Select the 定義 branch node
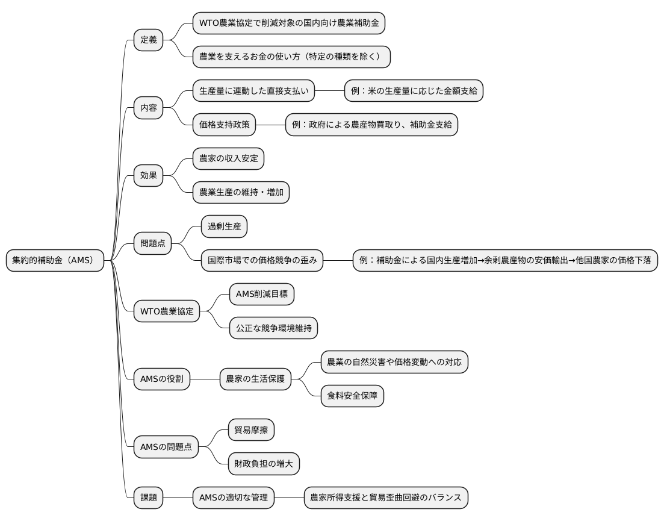pos(148,40)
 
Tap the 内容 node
pos(148,108)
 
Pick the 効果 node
pos(148,176)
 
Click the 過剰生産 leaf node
pos(224,227)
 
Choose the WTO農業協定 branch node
pos(166,311)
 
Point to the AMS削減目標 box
pos(262,295)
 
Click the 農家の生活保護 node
pos(255,379)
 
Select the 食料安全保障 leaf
pos(352,396)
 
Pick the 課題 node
pos(148,498)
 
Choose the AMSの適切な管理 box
pos(234,498)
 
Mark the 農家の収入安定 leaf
pos(228,159)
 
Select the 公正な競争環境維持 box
pos(273,328)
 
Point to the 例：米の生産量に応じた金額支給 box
pos(413,91)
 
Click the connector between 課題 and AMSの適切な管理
pos(178,498)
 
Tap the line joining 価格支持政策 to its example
pos(270,125)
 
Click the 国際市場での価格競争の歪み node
pos(262,260)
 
